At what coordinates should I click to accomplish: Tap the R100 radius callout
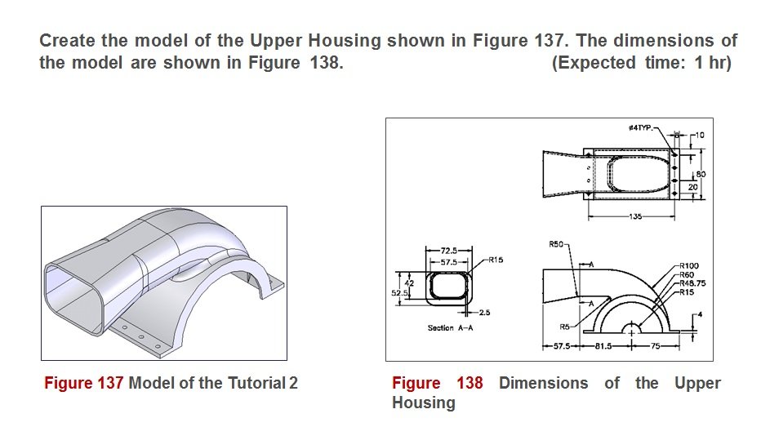690,265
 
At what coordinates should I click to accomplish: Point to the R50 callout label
559,244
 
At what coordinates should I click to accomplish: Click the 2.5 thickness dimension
484,313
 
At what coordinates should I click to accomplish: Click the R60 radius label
688,274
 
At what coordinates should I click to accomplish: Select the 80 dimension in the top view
701,174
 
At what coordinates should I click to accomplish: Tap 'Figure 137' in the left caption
83,383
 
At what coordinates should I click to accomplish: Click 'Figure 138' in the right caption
438,383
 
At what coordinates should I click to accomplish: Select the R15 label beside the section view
496,260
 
